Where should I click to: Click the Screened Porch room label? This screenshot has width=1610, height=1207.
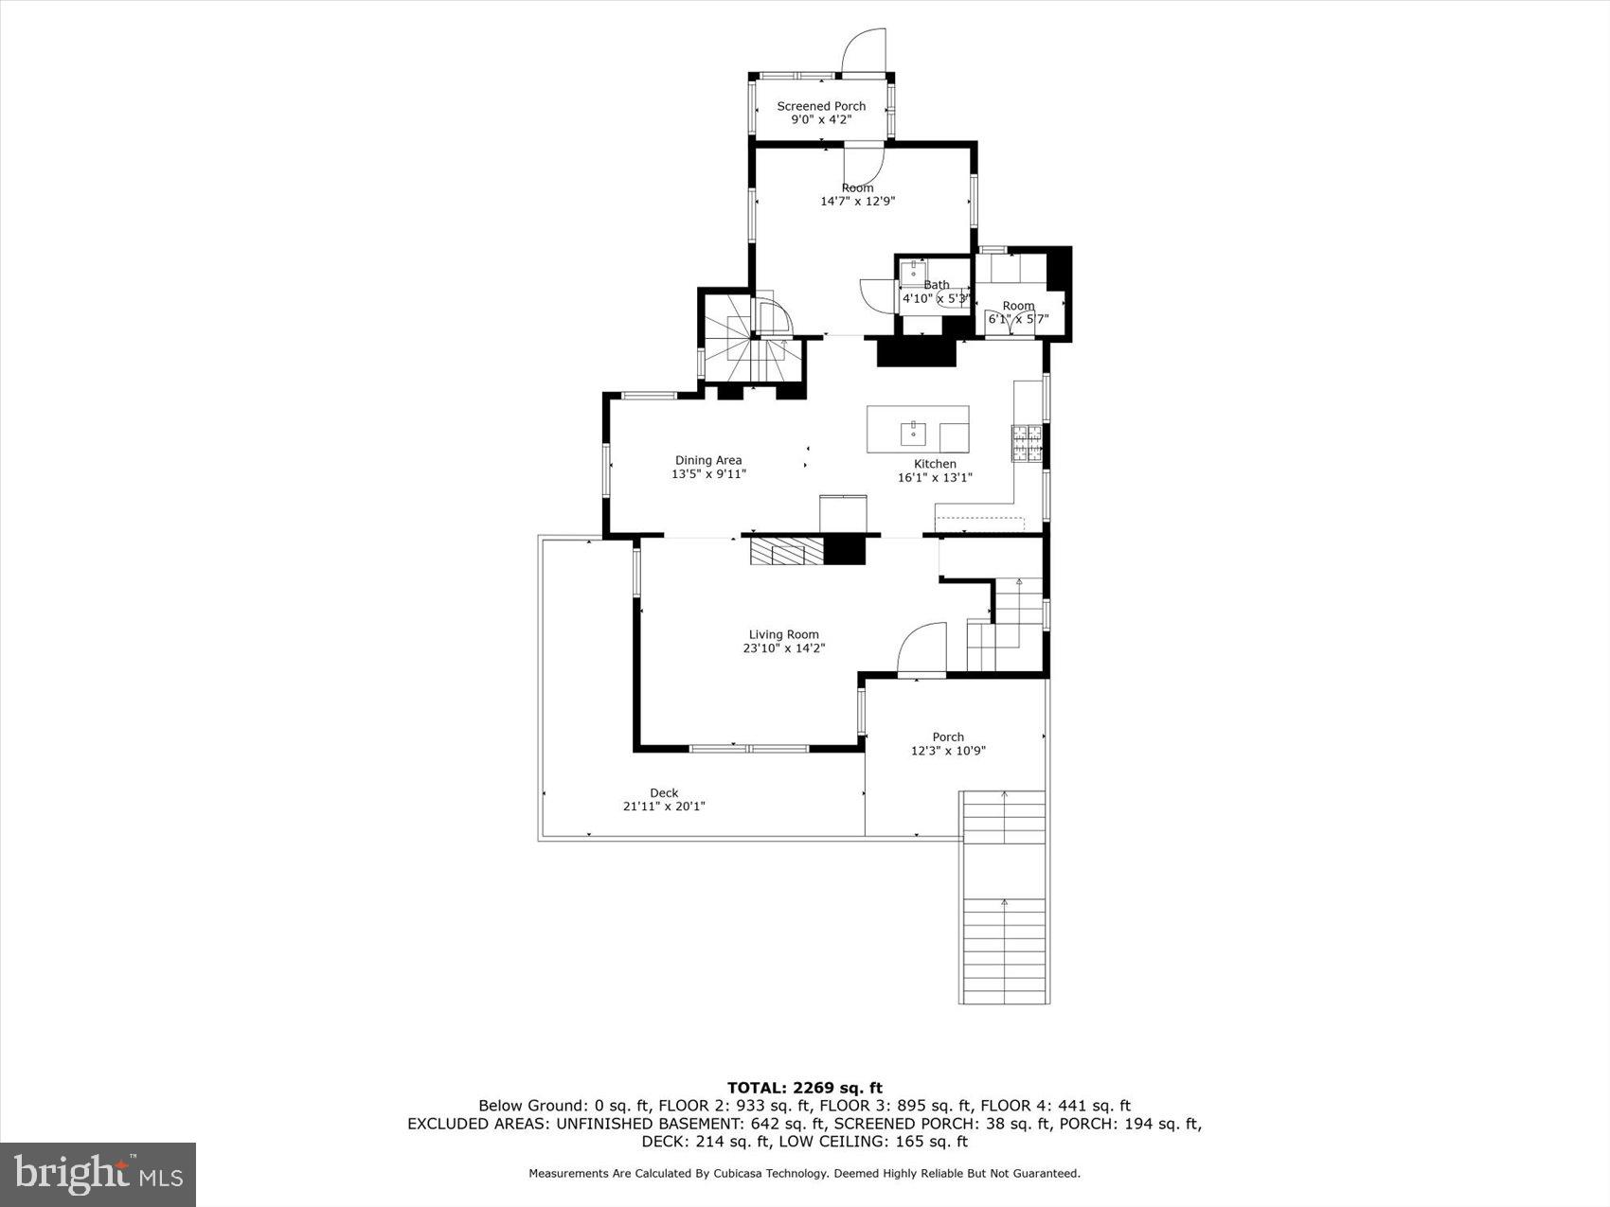coord(821,106)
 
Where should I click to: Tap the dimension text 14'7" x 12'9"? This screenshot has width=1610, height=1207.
coord(857,201)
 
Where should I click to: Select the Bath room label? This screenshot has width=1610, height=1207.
coord(936,285)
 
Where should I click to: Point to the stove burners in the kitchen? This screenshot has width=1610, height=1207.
coord(1027,444)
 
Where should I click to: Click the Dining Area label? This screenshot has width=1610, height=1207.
coord(707,460)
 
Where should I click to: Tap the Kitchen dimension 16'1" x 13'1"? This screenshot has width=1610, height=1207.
coord(935,477)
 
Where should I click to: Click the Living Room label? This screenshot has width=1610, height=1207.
coord(783,634)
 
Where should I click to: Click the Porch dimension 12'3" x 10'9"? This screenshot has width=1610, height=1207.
coord(948,751)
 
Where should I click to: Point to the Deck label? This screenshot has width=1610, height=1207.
coord(664,793)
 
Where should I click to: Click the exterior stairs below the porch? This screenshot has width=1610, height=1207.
coord(1004,899)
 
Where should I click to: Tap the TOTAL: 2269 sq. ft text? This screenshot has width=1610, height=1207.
coord(804,1088)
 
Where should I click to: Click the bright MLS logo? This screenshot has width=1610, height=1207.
coord(98,1174)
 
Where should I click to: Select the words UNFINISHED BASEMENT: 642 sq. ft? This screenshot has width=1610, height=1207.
coord(682,1124)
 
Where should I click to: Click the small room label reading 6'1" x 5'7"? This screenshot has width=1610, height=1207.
coord(1018,319)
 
